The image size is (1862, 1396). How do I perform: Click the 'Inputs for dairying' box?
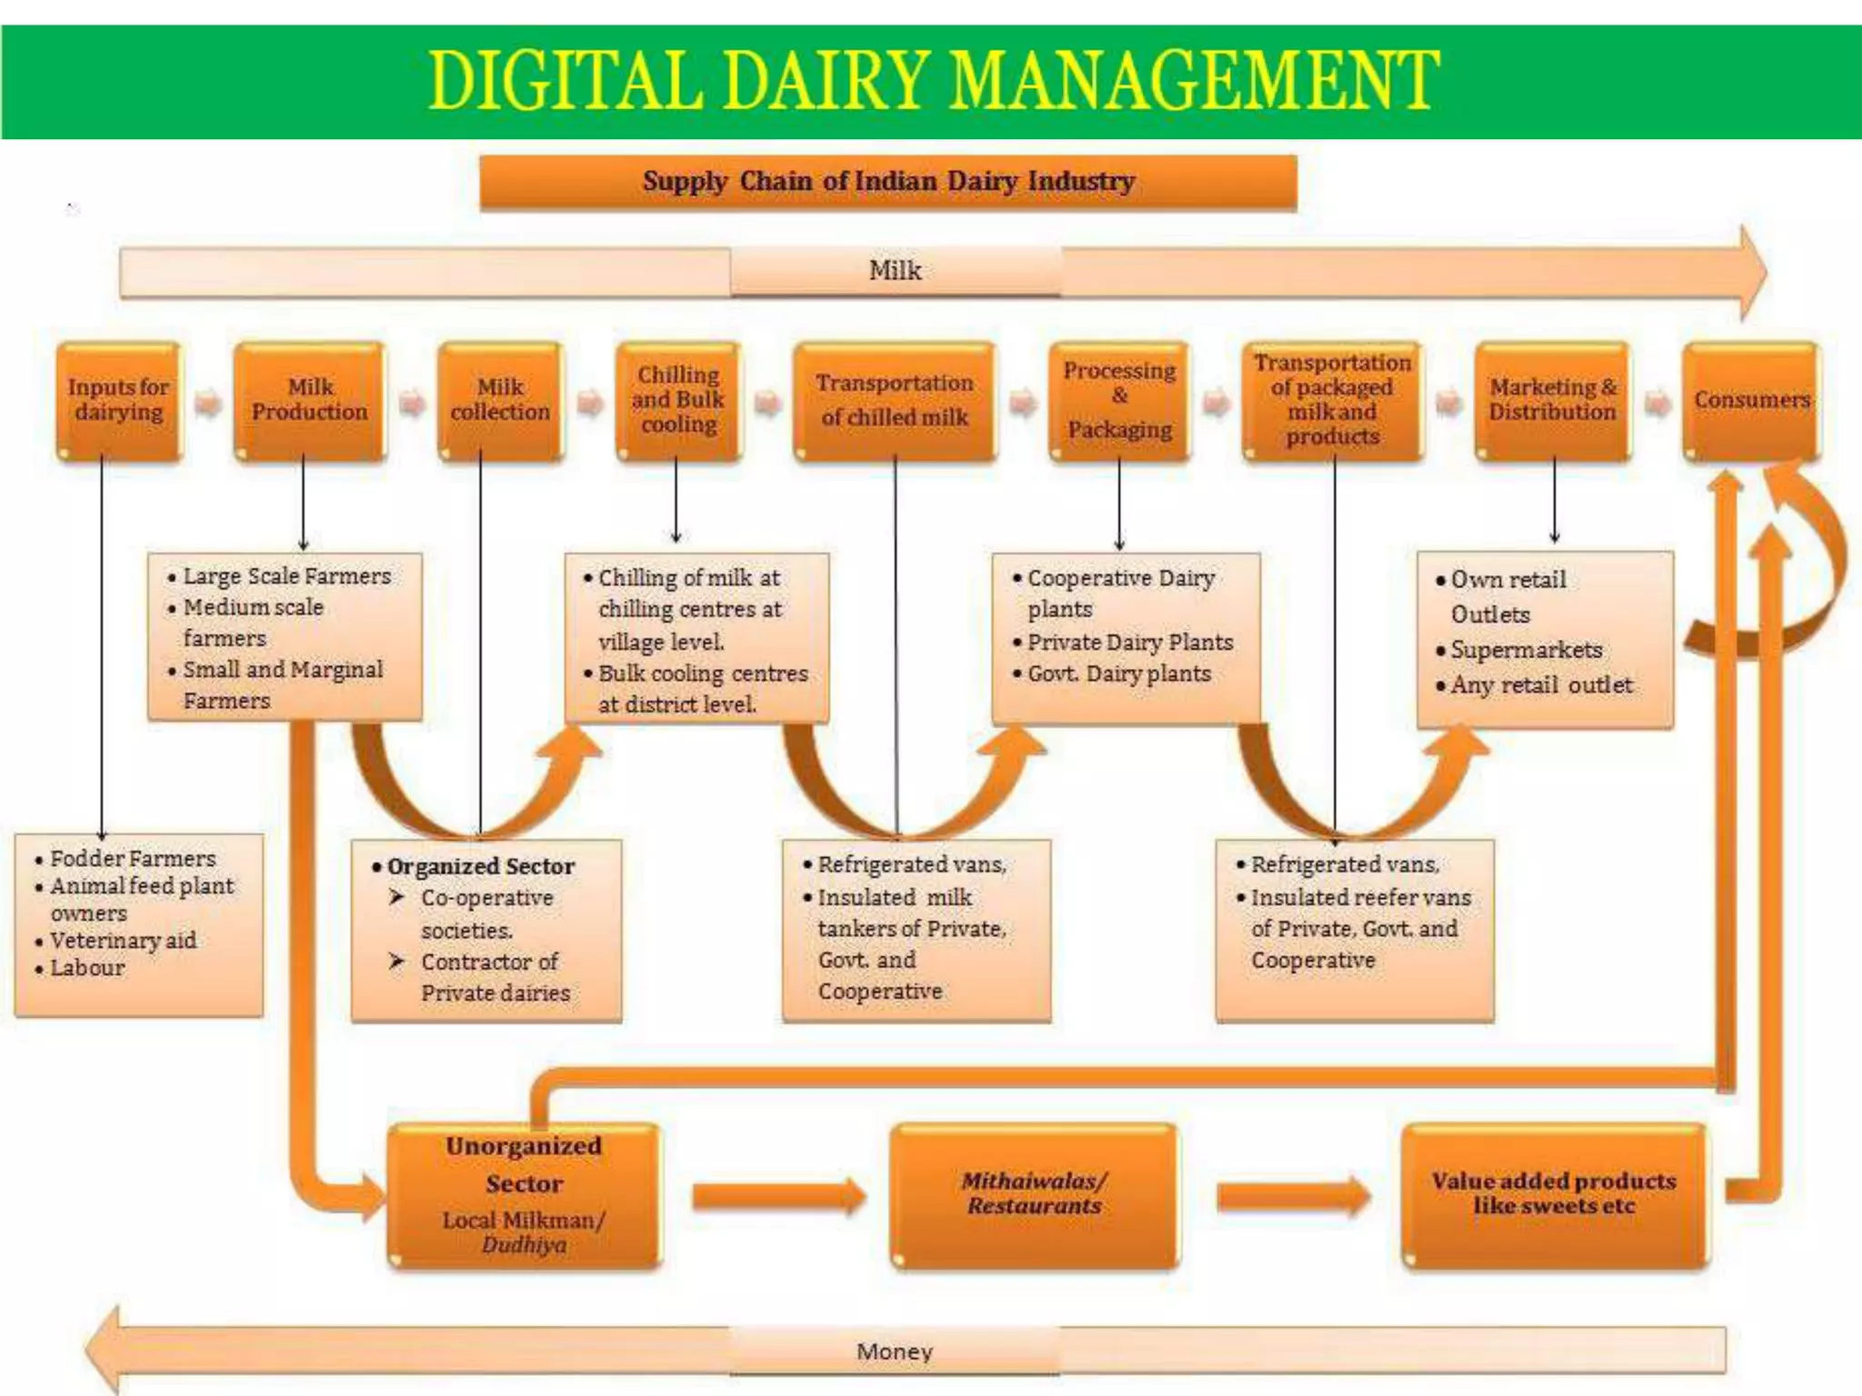(x=118, y=400)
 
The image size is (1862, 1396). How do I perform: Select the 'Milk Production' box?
(x=309, y=400)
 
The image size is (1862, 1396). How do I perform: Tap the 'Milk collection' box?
(x=500, y=400)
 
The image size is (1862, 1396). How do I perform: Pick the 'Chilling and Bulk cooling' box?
(x=678, y=400)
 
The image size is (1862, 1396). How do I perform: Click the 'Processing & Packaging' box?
(x=1119, y=400)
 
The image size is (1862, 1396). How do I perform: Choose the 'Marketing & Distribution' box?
(x=1552, y=400)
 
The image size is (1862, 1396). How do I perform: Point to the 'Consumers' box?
(x=1751, y=400)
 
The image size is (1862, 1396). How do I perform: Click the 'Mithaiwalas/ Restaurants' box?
(x=1034, y=1194)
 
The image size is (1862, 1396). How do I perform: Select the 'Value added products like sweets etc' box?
(x=1554, y=1194)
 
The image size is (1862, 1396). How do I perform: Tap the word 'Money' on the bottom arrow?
(x=895, y=1351)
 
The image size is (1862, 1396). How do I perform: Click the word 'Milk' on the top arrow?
(x=895, y=270)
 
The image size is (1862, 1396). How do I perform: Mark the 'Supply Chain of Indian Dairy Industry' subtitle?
(x=888, y=182)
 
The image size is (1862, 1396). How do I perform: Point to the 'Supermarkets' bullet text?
(x=1526, y=650)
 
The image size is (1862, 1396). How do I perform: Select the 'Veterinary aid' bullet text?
(x=123, y=941)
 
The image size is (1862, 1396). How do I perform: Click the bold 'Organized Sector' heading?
(x=480, y=866)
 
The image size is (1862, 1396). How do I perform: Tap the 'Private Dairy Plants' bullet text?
(x=1130, y=643)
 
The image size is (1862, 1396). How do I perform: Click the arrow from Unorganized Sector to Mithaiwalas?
(x=777, y=1196)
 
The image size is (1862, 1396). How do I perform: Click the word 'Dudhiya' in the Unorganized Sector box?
(x=524, y=1245)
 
